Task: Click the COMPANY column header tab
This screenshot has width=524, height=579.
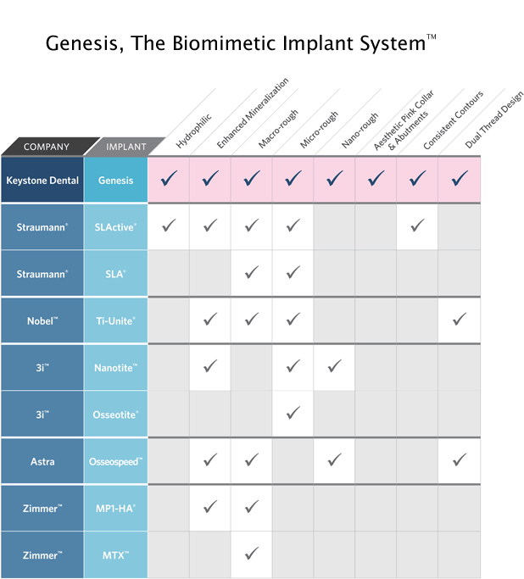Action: (x=47, y=147)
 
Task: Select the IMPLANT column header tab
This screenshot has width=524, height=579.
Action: (x=125, y=147)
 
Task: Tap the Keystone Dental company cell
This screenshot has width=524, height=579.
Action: (x=42, y=181)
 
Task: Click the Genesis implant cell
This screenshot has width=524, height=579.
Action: (x=115, y=181)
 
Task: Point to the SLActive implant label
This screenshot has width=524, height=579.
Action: (x=115, y=227)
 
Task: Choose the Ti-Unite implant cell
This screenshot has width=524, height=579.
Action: (x=115, y=321)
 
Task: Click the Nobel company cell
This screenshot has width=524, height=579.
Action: (x=42, y=321)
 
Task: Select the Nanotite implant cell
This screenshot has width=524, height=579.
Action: (x=115, y=368)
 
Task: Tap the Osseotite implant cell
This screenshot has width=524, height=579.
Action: (x=115, y=415)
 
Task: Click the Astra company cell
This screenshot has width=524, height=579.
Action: (x=42, y=461)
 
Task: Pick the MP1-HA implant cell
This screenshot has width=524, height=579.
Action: (x=115, y=509)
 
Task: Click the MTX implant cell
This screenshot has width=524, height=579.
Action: (x=115, y=555)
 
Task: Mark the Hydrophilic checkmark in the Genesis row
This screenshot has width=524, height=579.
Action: (x=169, y=178)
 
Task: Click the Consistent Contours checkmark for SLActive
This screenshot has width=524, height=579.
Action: (x=417, y=225)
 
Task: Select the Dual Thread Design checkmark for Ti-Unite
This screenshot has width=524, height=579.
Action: (x=460, y=319)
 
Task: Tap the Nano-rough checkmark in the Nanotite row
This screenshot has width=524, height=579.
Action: (x=335, y=366)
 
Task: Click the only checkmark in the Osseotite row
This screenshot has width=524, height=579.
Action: (x=293, y=413)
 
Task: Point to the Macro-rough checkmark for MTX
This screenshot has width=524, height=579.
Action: (x=252, y=554)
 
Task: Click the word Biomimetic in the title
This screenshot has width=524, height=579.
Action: (x=224, y=43)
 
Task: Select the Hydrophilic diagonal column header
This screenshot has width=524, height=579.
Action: (x=193, y=131)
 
